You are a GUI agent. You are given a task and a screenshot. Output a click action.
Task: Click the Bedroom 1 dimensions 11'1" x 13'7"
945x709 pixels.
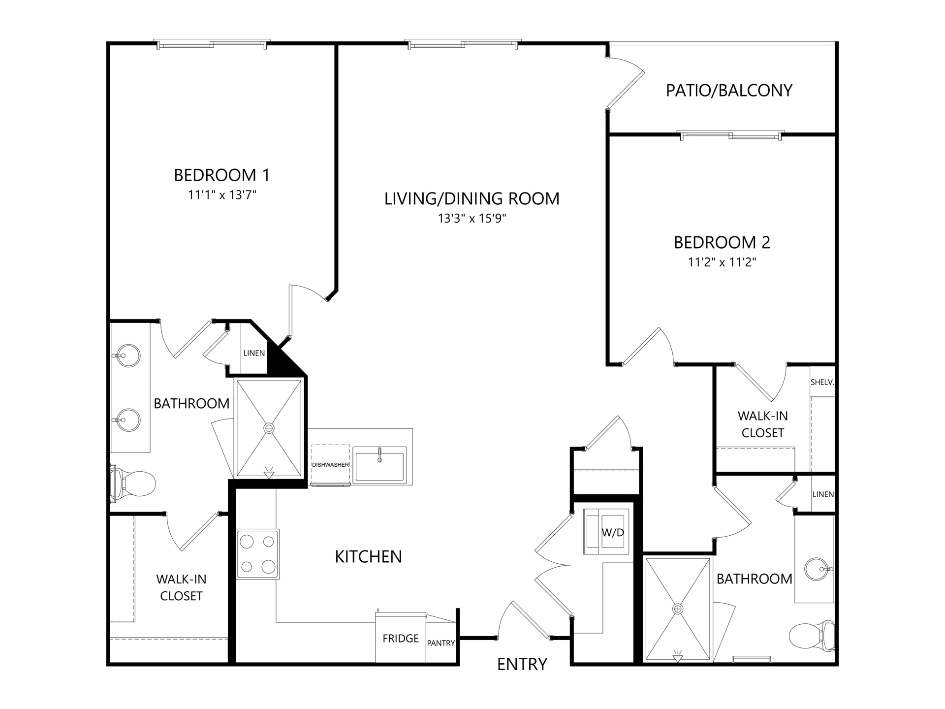[222, 195]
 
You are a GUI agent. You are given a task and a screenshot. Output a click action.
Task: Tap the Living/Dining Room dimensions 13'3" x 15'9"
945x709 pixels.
[472, 218]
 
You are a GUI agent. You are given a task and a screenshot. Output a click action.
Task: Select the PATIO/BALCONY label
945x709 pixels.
[729, 91]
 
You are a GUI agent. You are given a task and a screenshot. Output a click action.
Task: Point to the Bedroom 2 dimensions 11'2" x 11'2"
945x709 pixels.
[722, 262]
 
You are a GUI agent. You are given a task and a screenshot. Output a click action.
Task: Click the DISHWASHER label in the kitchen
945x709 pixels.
[330, 465]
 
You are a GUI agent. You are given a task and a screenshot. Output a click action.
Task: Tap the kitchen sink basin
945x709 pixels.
[379, 465]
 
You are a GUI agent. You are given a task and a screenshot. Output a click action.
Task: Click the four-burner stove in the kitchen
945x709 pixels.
[258, 554]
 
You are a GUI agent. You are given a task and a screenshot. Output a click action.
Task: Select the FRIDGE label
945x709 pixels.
[401, 639]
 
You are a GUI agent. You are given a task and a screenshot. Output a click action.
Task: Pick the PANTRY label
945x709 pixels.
[441, 643]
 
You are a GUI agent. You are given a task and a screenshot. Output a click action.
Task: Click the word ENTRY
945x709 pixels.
[522, 665]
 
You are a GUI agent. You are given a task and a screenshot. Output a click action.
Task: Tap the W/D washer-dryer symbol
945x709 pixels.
[606, 532]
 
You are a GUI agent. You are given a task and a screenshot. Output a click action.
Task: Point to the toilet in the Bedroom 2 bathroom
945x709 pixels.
[813, 636]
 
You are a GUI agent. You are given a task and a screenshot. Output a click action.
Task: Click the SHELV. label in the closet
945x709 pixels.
[822, 382]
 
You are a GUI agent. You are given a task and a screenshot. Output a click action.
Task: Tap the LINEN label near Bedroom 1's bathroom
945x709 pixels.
[254, 353]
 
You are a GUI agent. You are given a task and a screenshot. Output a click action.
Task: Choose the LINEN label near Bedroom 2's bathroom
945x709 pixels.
[823, 494]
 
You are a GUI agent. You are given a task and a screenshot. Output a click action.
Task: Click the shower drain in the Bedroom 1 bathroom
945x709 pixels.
[269, 428]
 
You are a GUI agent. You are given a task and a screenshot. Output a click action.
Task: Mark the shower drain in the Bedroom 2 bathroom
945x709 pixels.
[678, 609]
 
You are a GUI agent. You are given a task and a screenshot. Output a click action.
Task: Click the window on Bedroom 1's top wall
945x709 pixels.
[212, 44]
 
